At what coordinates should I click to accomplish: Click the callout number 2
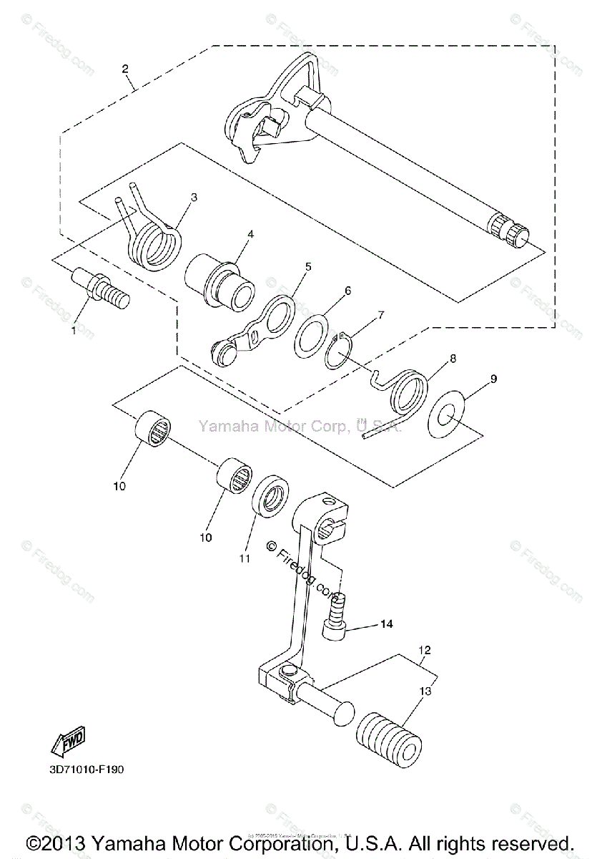[125, 69]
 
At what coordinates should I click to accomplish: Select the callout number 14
[386, 624]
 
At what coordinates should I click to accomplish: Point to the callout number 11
[245, 558]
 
